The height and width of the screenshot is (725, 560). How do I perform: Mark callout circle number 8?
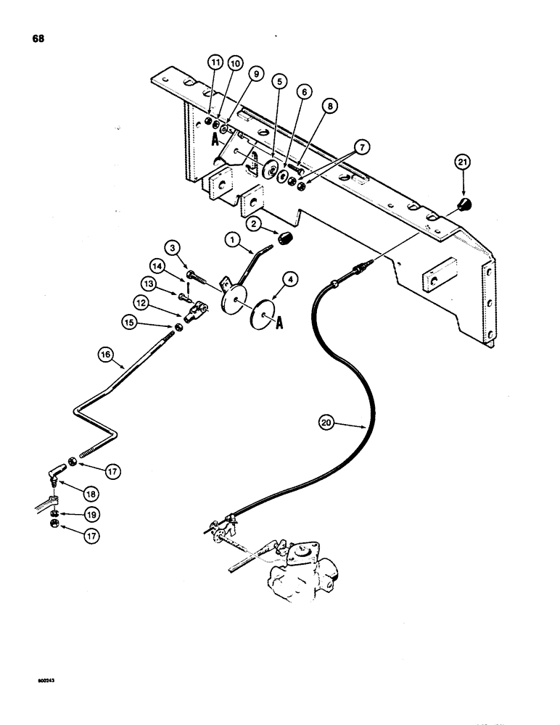331,104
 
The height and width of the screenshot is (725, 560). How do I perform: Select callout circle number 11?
215,64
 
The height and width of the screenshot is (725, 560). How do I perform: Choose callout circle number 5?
279,82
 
